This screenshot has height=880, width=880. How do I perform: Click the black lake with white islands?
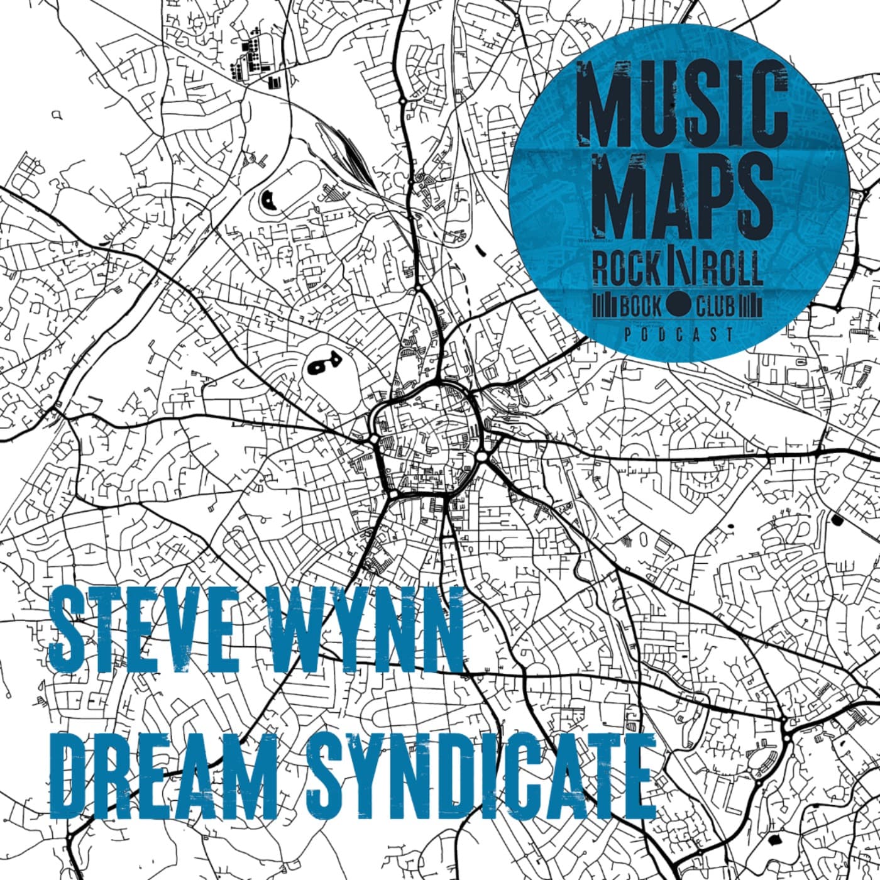tap(322, 363)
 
